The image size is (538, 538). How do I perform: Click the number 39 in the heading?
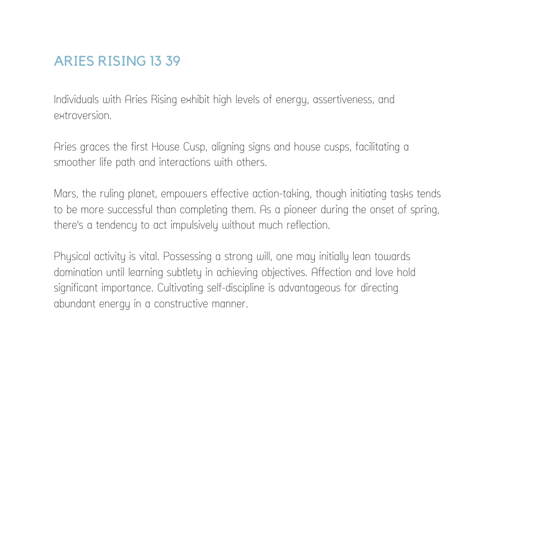172,61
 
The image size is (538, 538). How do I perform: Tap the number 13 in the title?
155,61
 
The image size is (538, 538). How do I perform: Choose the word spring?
424,210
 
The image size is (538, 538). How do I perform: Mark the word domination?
78,272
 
